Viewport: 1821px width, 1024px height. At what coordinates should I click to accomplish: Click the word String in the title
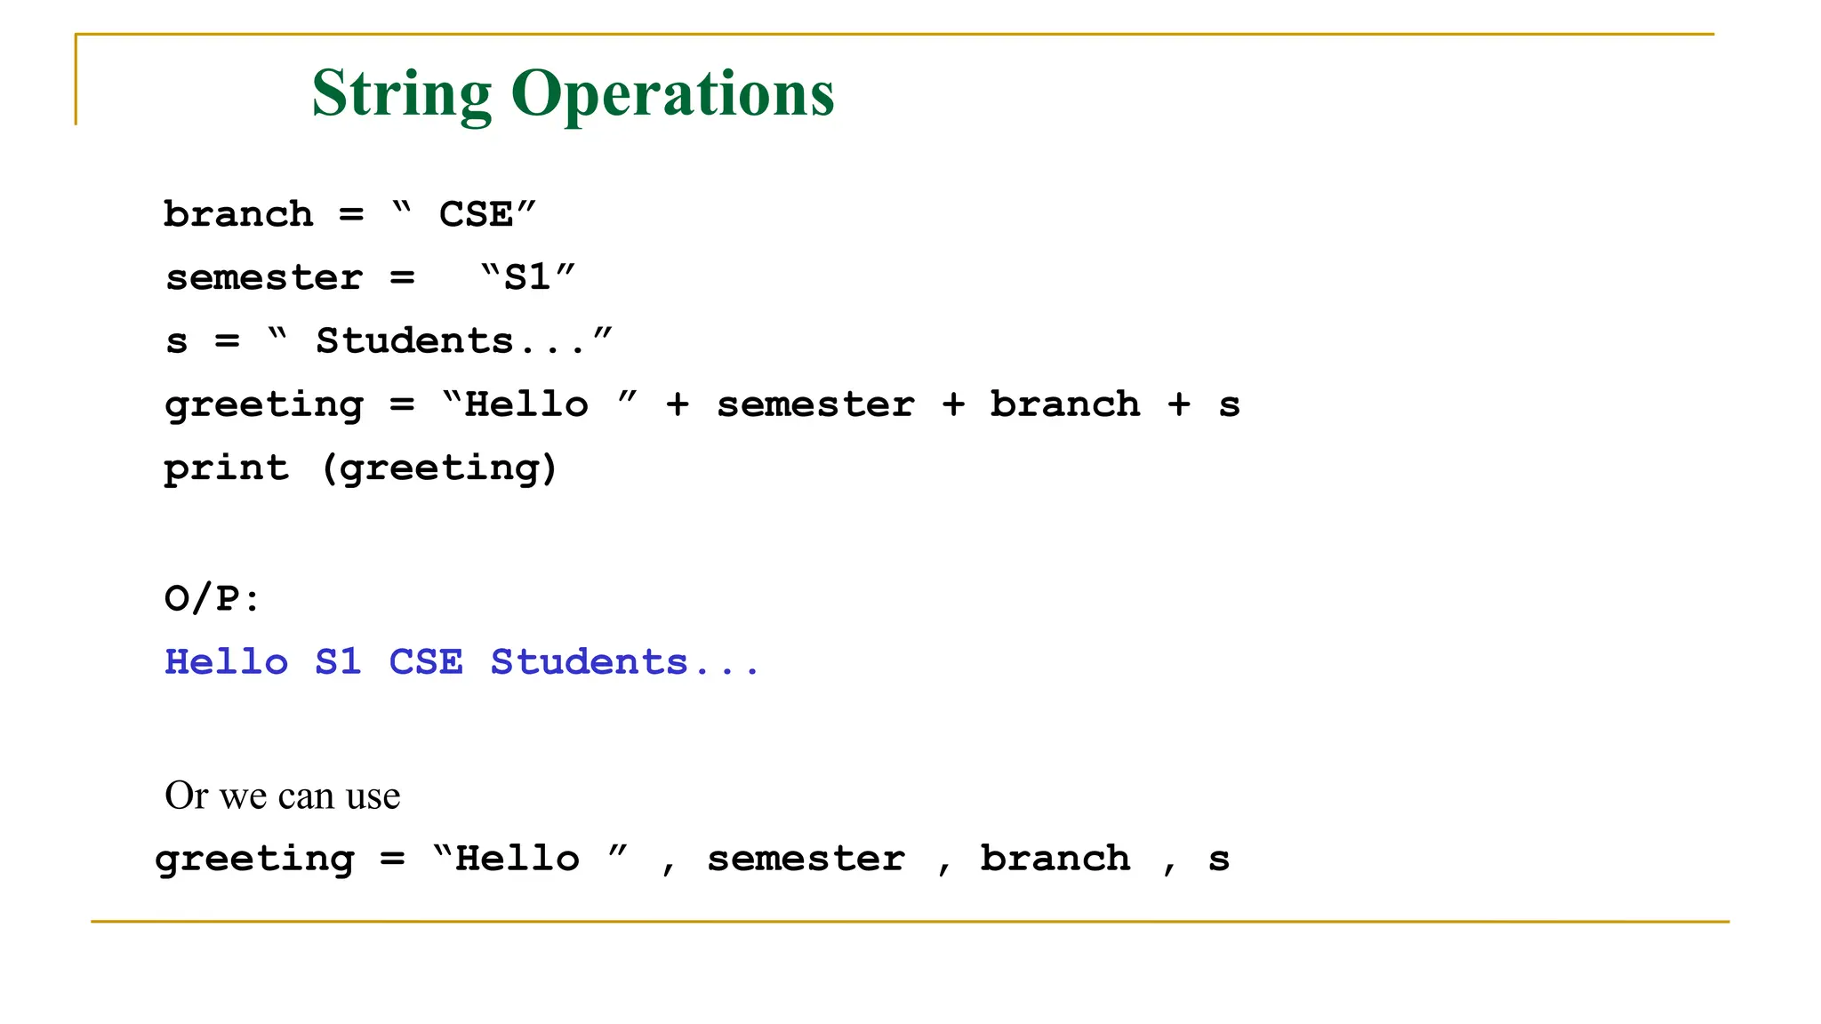(x=401, y=93)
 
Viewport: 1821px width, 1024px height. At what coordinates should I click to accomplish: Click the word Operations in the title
(x=672, y=93)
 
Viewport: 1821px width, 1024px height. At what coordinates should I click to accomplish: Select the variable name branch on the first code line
(x=238, y=215)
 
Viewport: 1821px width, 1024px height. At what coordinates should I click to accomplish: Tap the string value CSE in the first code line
(x=476, y=215)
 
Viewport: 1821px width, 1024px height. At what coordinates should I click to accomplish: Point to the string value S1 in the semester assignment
(x=527, y=278)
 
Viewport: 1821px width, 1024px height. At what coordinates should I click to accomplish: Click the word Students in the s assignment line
(x=415, y=341)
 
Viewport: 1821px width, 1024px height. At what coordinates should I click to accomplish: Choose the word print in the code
(x=227, y=468)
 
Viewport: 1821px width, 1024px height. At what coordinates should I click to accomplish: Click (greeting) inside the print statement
(x=439, y=468)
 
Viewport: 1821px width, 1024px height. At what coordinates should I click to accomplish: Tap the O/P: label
(x=212, y=598)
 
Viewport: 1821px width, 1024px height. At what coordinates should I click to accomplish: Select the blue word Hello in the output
(x=227, y=662)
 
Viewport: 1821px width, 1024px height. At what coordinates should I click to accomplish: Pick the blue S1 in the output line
(x=338, y=662)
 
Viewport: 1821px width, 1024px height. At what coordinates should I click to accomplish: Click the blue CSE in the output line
(x=426, y=662)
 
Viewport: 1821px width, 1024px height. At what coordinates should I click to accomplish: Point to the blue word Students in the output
(x=590, y=662)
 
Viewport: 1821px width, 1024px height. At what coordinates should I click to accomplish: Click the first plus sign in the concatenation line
(x=678, y=405)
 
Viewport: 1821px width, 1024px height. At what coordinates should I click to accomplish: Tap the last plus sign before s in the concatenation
(x=1179, y=405)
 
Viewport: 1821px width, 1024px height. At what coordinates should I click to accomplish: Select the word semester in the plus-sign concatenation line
(x=815, y=405)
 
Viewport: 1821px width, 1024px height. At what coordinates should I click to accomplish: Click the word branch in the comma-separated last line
(x=1055, y=859)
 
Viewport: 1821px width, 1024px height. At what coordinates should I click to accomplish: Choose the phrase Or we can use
(x=283, y=796)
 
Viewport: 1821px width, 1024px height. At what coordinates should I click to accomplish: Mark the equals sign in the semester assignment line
(x=402, y=278)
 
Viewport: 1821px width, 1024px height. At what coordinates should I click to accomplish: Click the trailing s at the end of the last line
(x=1219, y=860)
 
